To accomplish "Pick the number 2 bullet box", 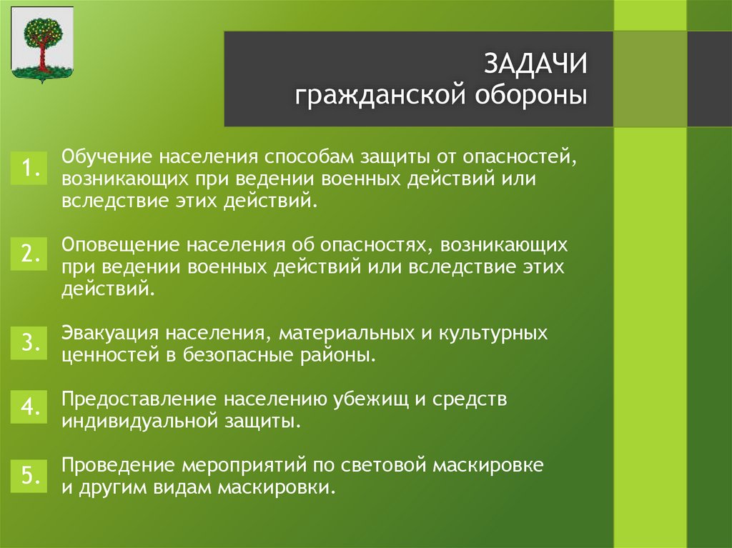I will [x=29, y=254].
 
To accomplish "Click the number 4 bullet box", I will [x=29, y=407].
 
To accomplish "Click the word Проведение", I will [x=118, y=465].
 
